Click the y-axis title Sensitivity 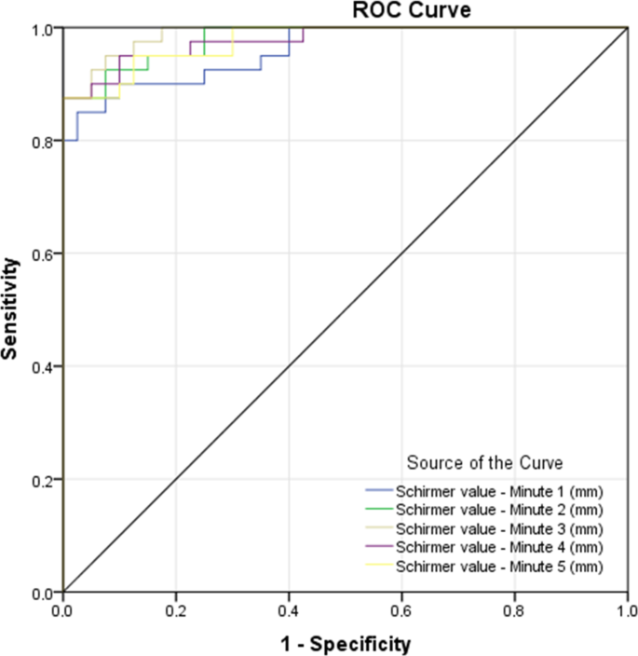tap(11, 310)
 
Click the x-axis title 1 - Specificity tap(346, 642)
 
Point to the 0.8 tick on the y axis tap(44, 142)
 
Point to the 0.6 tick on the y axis tap(44, 254)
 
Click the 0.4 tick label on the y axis tap(44, 367)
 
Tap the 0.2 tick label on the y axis tap(44, 480)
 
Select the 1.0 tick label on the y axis tap(44, 29)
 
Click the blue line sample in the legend tap(377, 491)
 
